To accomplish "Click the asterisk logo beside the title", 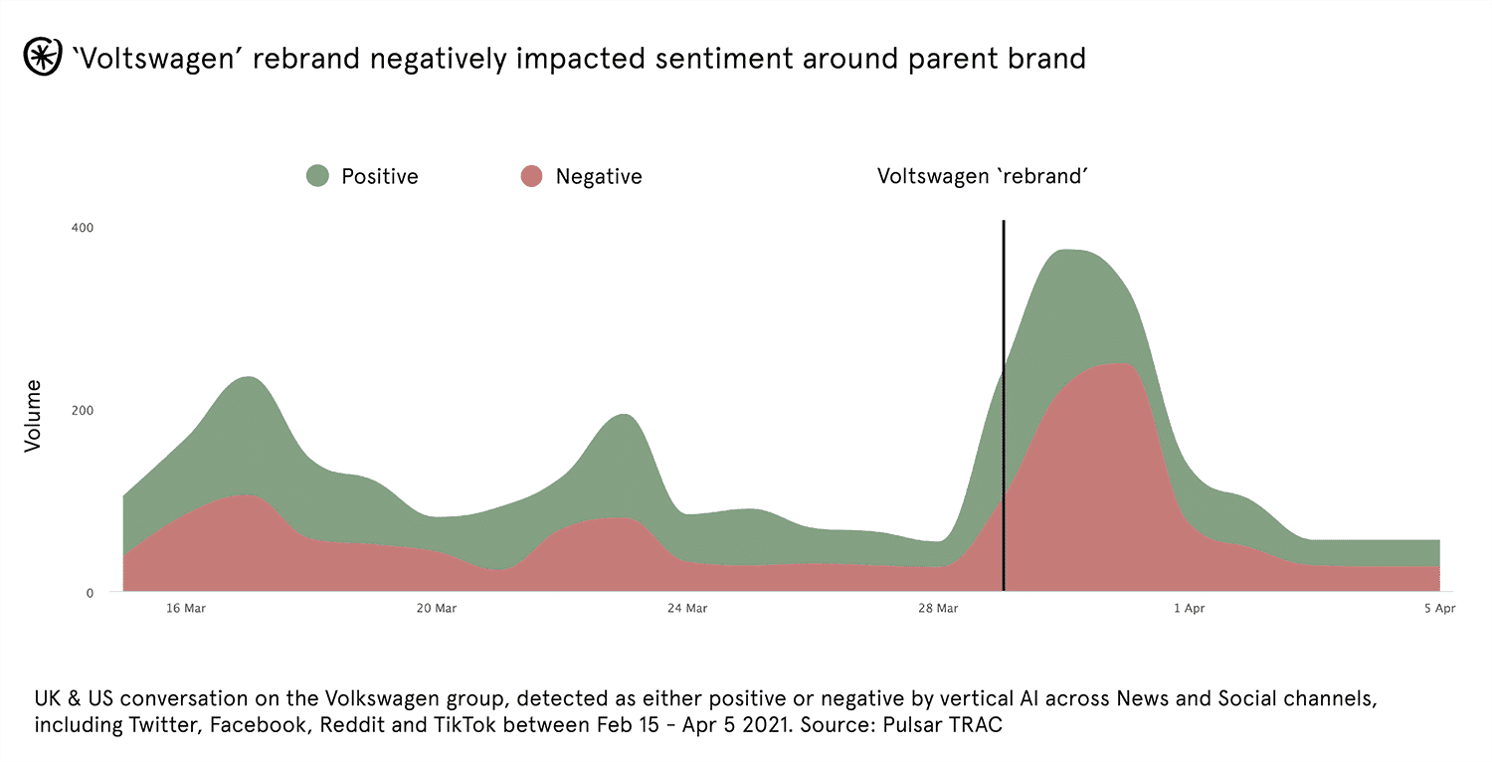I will click(41, 58).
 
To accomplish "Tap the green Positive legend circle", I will click(317, 176).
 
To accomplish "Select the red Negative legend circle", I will click(531, 176).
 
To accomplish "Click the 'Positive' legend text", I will click(380, 176).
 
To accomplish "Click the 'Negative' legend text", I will click(599, 176).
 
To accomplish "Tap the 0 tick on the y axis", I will click(89, 593).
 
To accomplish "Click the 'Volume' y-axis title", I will click(34, 416).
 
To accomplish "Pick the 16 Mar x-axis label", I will click(185, 609).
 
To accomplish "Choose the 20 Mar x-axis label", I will click(437, 609).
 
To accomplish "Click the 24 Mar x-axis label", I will click(687, 609).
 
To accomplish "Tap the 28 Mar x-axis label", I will click(939, 609).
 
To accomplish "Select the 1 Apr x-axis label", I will click(1189, 609).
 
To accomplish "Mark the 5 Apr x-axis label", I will click(1439, 609).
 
